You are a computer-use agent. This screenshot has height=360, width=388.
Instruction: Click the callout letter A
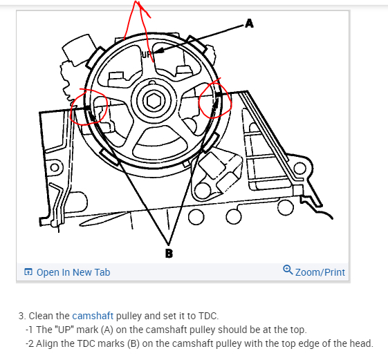click(250, 23)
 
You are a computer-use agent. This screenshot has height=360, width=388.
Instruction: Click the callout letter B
click(169, 254)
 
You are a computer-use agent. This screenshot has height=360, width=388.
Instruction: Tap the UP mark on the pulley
click(146, 55)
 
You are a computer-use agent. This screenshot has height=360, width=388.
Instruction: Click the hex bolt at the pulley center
click(154, 101)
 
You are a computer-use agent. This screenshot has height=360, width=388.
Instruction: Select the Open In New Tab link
click(73, 272)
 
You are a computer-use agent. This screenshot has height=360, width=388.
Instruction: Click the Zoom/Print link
click(320, 272)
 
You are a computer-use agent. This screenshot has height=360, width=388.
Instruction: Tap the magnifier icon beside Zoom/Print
click(288, 269)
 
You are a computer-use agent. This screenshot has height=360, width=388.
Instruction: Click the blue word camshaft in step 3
click(93, 316)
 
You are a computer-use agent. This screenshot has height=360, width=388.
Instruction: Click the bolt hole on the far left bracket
click(55, 167)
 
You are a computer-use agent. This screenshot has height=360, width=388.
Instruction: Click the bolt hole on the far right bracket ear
click(300, 169)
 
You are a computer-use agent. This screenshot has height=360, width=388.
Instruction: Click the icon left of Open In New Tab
click(28, 272)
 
